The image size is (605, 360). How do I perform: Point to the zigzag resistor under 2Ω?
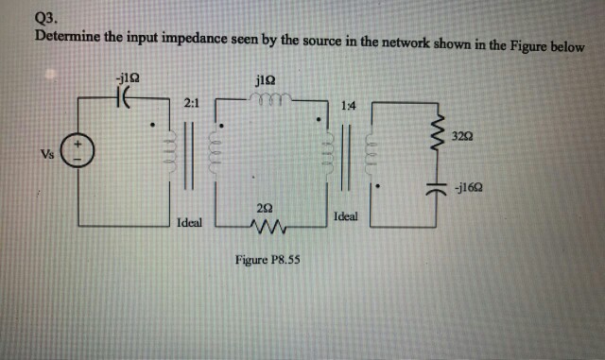(x=268, y=227)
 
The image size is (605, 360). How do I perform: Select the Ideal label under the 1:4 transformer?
(x=345, y=217)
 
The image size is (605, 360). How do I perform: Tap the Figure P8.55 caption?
(x=268, y=258)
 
